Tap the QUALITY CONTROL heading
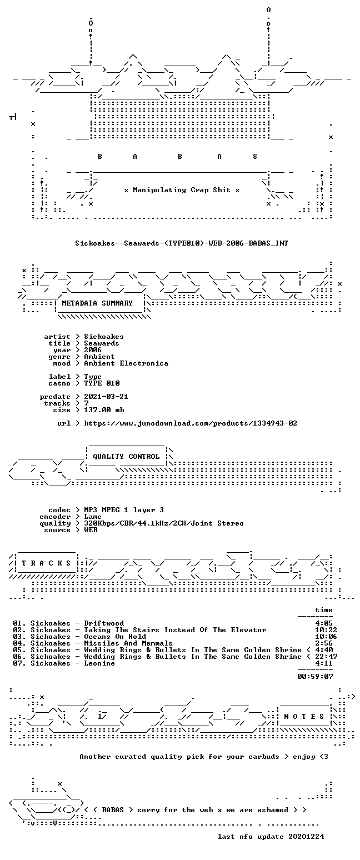point(126,457)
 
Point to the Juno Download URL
point(191,423)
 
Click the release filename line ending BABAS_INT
point(182,243)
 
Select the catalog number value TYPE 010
point(102,383)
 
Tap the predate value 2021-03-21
point(106,397)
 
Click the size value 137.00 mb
point(104,410)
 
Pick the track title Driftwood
point(104,623)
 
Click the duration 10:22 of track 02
point(324,629)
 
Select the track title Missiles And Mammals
point(128,643)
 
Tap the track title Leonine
point(99,663)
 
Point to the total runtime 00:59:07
point(315,677)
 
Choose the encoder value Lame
point(93,516)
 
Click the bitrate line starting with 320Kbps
point(164,523)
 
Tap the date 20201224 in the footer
point(306,837)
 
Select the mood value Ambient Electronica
point(126,363)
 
